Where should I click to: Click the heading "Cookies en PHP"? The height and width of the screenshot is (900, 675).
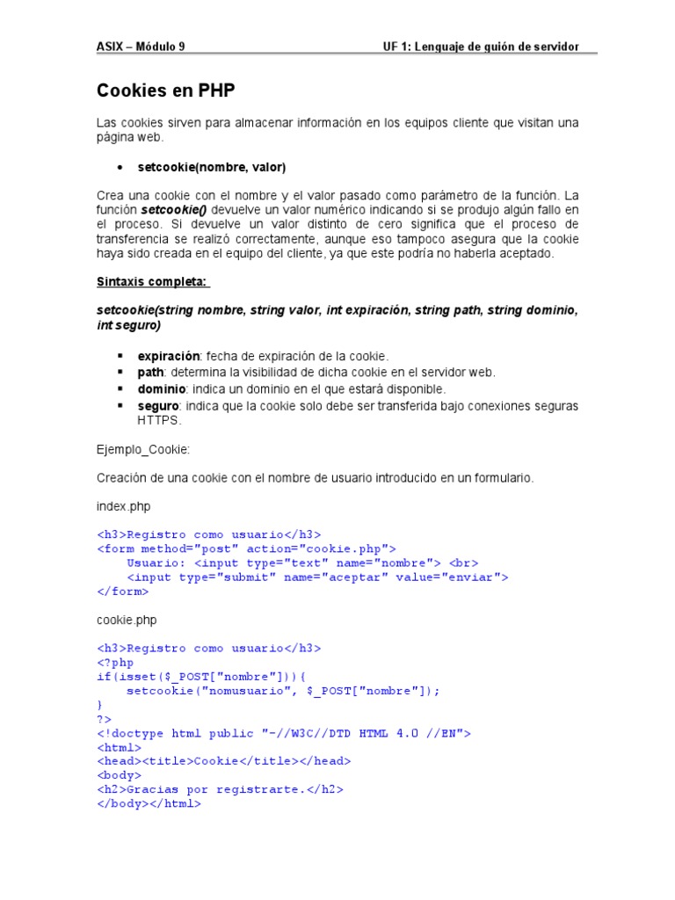165,91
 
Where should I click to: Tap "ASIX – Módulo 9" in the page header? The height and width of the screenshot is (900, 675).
141,47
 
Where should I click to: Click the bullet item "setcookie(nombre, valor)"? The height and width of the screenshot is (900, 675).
211,167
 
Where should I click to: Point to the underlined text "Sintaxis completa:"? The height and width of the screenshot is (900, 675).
152,282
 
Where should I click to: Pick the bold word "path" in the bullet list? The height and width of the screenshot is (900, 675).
150,373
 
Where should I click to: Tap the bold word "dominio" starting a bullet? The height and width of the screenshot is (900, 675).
161,388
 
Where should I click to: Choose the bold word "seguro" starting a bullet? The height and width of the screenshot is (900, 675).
158,405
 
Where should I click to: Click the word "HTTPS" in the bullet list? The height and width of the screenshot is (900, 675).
158,420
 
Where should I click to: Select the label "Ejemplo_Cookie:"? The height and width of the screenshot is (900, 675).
143,449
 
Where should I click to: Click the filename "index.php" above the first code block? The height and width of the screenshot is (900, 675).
125,506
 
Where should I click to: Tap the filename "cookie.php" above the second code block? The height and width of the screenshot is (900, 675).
127,620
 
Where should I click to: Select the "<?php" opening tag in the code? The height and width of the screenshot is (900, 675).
115,663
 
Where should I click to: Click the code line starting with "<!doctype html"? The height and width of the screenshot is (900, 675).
283,733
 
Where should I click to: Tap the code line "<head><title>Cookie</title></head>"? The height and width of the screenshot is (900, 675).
223,761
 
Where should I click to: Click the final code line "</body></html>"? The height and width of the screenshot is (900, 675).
149,803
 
